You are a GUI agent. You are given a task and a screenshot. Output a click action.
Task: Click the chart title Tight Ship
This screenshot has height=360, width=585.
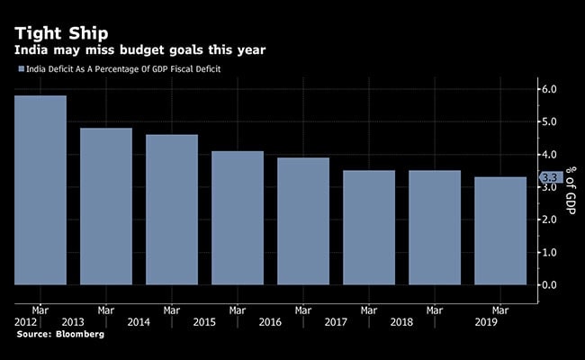61,22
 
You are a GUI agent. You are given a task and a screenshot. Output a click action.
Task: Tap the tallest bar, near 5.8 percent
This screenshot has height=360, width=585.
40,190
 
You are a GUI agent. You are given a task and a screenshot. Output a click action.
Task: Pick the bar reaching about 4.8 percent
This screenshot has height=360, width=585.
106,206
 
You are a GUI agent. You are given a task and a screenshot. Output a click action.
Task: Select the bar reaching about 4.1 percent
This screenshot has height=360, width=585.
238,218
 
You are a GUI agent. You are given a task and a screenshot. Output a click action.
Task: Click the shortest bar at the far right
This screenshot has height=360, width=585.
500,230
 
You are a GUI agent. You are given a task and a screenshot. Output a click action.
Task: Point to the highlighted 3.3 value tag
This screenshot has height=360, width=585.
552,177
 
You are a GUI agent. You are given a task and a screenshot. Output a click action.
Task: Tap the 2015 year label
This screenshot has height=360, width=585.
204,321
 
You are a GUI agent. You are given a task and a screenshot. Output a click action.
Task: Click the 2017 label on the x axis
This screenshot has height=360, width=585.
335,321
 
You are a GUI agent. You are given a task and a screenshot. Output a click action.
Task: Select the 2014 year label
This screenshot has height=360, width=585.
139,321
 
